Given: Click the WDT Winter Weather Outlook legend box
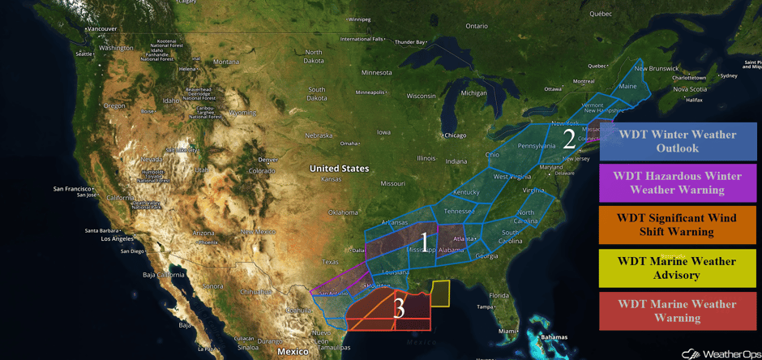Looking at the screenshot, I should tap(678, 141).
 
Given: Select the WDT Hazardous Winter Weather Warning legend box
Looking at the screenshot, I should tap(678, 182).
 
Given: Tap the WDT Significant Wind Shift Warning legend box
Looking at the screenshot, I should tap(678, 225).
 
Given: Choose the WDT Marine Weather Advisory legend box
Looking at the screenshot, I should tap(678, 268).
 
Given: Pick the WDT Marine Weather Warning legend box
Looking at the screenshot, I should tap(678, 311).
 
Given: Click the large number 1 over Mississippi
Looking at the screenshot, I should tap(423, 241).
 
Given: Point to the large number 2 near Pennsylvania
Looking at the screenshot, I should tap(569, 139).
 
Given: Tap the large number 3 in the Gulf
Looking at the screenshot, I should tap(399, 308).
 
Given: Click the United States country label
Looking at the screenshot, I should tap(339, 169).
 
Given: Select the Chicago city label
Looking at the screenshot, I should tap(455, 135).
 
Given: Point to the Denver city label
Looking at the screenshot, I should tap(268, 160).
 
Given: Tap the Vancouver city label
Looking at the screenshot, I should tap(103, 28).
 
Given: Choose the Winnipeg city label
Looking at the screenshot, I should tap(359, 19).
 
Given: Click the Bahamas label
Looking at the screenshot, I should tap(554, 336).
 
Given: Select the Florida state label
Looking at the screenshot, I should tap(499, 295).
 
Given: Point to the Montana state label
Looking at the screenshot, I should tap(226, 62).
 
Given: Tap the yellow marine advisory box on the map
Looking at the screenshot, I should tap(440, 294).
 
